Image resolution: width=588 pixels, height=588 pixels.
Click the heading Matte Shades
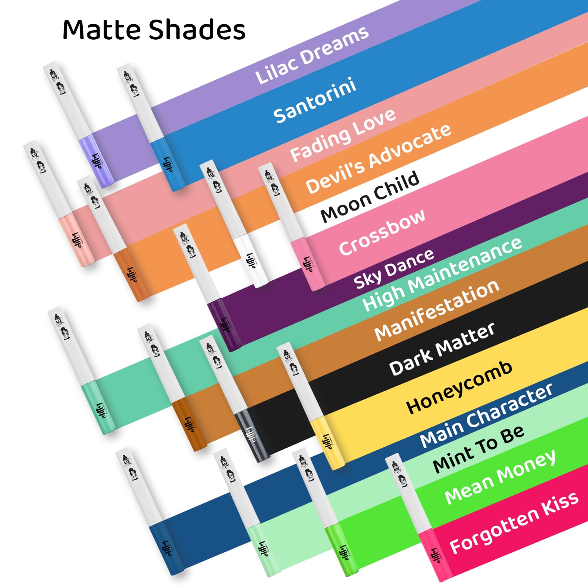click(x=154, y=30)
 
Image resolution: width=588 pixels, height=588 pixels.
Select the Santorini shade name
click(x=315, y=100)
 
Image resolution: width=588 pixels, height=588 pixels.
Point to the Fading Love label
click(x=343, y=135)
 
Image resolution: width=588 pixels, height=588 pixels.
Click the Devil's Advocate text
click(x=378, y=158)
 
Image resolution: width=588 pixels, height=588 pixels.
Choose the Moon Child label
click(x=370, y=197)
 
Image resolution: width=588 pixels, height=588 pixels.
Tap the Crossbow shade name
click(x=382, y=232)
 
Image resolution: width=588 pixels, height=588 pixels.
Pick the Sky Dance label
click(x=394, y=269)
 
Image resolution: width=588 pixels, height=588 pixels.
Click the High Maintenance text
click(x=442, y=274)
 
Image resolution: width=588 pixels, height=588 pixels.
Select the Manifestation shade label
click(x=437, y=310)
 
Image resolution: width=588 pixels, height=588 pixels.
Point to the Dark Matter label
click(x=442, y=349)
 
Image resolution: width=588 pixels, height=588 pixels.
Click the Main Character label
click(x=486, y=416)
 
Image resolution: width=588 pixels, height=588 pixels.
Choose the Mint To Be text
click(x=479, y=449)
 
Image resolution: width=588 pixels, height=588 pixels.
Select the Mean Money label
click(x=500, y=476)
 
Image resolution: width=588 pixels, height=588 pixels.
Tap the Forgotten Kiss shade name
click(x=514, y=523)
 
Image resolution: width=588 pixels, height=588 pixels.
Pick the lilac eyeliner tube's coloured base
click(x=96, y=161)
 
